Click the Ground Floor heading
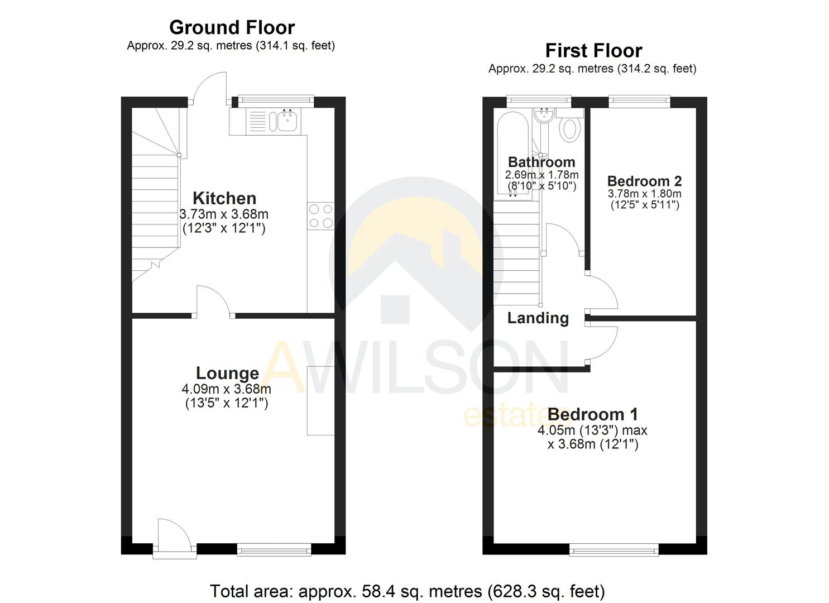pos(232,27)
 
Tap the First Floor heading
pos(593,51)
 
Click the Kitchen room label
pos(224,198)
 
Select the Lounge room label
pos(227,373)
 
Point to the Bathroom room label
pos(541,162)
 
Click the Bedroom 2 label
pos(644,181)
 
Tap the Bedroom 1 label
pos(592,414)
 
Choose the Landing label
pos(538,318)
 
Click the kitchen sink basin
pos(287,121)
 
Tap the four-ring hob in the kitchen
pos(321,216)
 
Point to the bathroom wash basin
pos(543,116)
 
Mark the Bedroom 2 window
pos(639,101)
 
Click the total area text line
pos(407,591)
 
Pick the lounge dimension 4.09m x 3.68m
pos(226,389)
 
